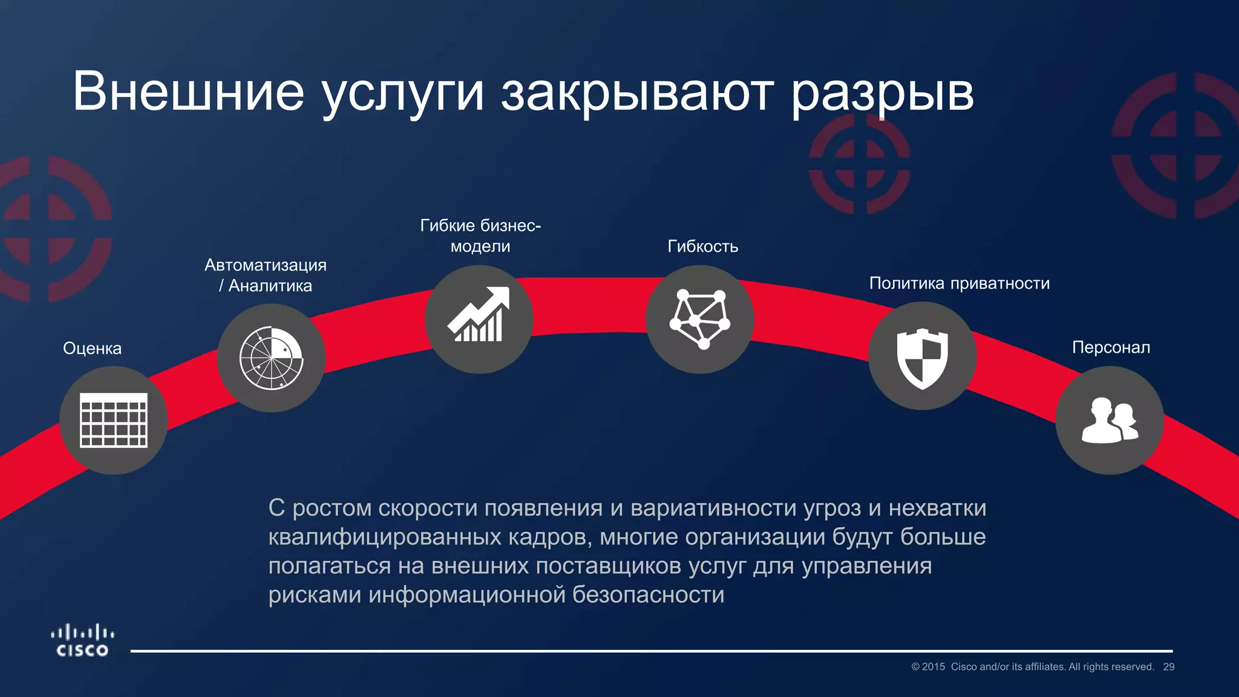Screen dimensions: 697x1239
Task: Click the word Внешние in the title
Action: (188, 92)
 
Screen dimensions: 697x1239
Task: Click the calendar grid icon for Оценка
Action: (114, 420)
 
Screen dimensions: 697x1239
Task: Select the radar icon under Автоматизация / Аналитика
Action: (271, 358)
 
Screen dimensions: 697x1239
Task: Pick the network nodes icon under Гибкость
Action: (699, 319)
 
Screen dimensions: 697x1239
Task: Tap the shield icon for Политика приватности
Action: (922, 356)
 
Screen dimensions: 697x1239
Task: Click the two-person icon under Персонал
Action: (1110, 420)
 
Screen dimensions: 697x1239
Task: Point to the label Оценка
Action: (92, 348)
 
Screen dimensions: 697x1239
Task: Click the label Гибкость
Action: (702, 246)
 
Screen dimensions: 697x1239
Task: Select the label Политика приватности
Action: (959, 283)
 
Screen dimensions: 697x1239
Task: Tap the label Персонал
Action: (1111, 347)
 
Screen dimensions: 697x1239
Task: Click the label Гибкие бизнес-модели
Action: (480, 236)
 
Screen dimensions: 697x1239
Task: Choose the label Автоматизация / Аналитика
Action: (266, 275)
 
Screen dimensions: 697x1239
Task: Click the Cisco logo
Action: (82, 641)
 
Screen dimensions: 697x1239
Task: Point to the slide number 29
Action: (1168, 667)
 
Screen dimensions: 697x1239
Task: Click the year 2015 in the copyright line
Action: (933, 667)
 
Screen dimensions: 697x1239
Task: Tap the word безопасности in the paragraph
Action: (648, 595)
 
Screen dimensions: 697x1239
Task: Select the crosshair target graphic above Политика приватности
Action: (859, 165)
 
